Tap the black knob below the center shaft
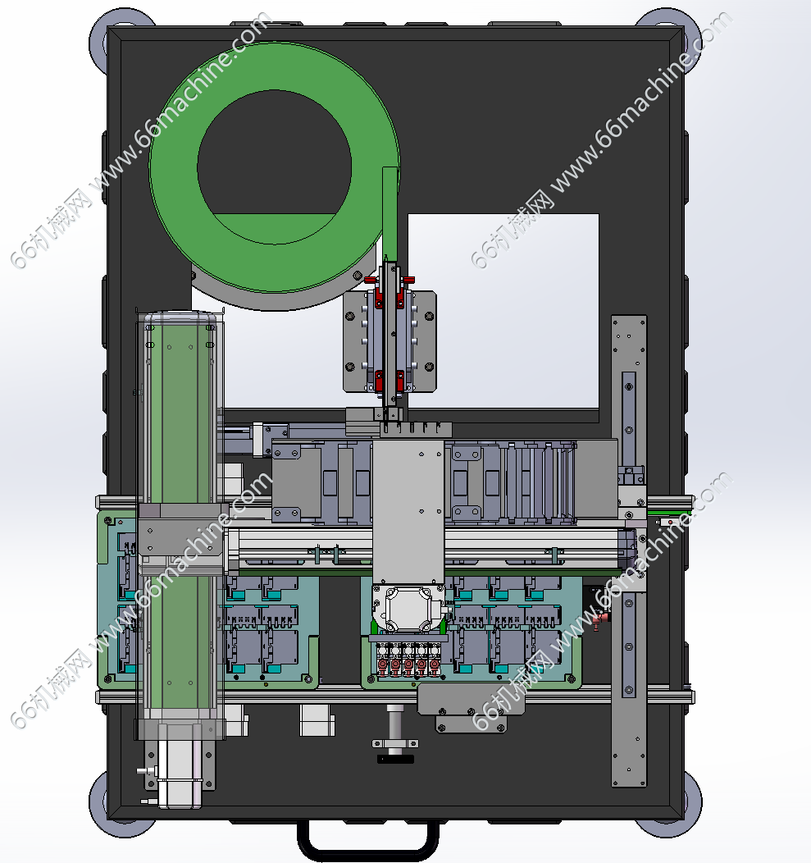[395, 759]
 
